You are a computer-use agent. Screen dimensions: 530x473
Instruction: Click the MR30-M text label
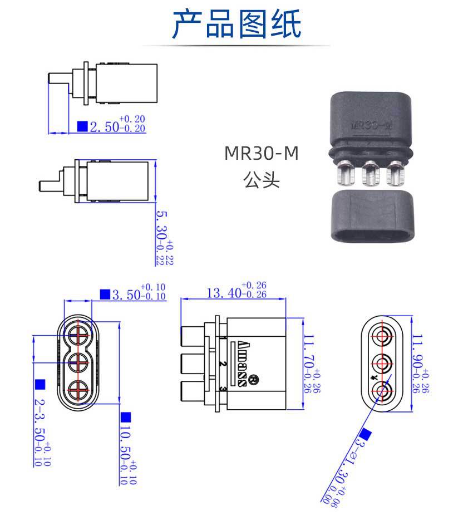point(262,153)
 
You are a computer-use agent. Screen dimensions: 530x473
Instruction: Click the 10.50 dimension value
point(126,451)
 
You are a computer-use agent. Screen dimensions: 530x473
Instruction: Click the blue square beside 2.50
point(82,127)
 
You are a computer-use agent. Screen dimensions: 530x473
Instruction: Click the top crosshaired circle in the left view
point(78,336)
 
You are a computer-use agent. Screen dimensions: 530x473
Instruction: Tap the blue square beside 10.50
point(126,417)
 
